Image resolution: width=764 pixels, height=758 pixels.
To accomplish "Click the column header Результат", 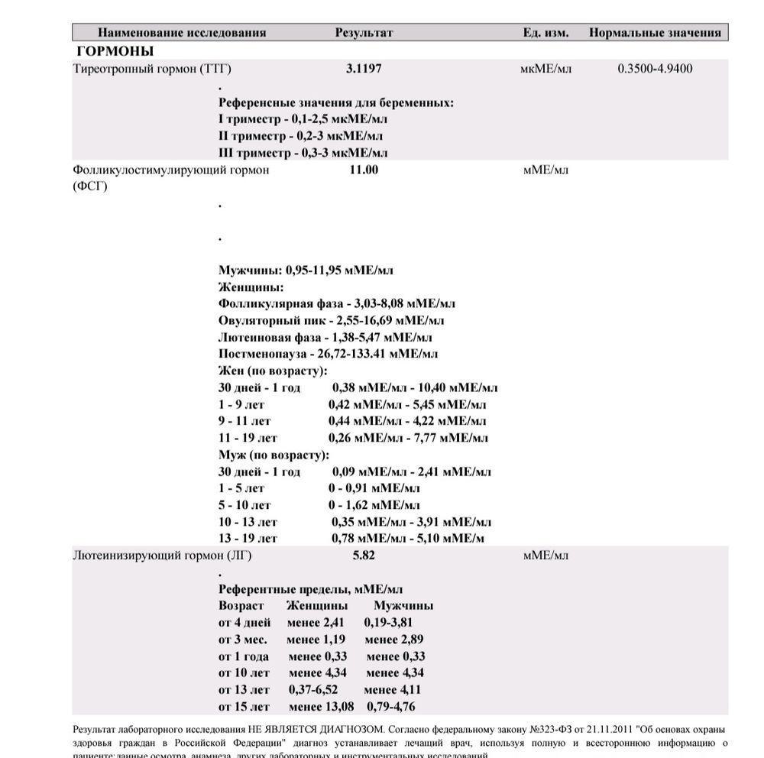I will [x=364, y=33].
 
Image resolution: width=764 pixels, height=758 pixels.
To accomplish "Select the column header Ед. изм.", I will [x=545, y=33].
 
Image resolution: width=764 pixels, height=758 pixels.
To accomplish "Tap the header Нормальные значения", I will [x=655, y=33].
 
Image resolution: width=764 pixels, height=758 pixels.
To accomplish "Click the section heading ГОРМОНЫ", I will [x=115, y=51].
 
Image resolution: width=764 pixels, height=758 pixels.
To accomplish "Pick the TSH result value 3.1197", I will [x=364, y=69].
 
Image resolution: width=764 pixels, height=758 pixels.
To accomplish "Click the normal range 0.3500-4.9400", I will [x=655, y=69].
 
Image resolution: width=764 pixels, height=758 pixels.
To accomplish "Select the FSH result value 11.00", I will [x=364, y=170].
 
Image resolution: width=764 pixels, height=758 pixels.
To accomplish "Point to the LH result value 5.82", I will [x=364, y=556].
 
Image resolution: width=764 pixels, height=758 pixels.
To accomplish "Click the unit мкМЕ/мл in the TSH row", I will [x=545, y=69].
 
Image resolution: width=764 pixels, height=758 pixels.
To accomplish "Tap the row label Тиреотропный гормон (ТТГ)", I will [x=151, y=69].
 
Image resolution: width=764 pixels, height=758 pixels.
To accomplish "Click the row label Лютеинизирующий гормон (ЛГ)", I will [x=161, y=556].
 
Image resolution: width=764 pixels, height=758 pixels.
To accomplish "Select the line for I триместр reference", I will [x=303, y=119].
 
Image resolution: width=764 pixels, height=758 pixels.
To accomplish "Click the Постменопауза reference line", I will [x=328, y=355].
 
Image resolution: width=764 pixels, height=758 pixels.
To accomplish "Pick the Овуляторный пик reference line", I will [x=331, y=321].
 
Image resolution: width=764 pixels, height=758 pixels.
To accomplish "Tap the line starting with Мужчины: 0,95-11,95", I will [x=306, y=270].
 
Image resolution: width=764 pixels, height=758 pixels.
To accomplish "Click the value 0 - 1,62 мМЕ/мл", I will [x=374, y=505].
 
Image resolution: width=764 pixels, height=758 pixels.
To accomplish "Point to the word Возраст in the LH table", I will [x=241, y=606].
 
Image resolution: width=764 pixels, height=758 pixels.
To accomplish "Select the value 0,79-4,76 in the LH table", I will [x=390, y=707].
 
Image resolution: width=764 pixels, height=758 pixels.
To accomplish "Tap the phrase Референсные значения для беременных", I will [x=336, y=102].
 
